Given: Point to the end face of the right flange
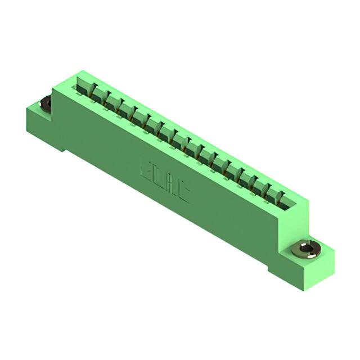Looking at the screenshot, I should pyautogui.click(x=321, y=273).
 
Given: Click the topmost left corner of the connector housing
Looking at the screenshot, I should pyautogui.click(x=80, y=71).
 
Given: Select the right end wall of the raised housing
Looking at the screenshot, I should pyautogui.click(x=295, y=217).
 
